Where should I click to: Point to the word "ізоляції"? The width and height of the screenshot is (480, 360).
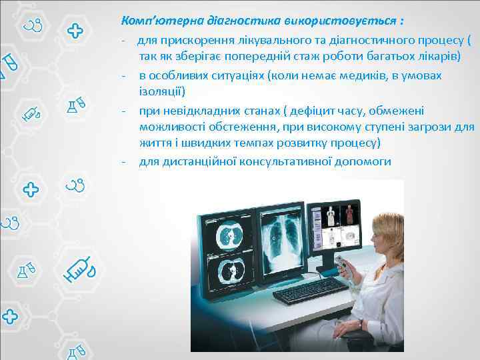(x=162, y=91)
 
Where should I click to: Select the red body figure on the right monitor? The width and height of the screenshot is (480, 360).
(x=350, y=215)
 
